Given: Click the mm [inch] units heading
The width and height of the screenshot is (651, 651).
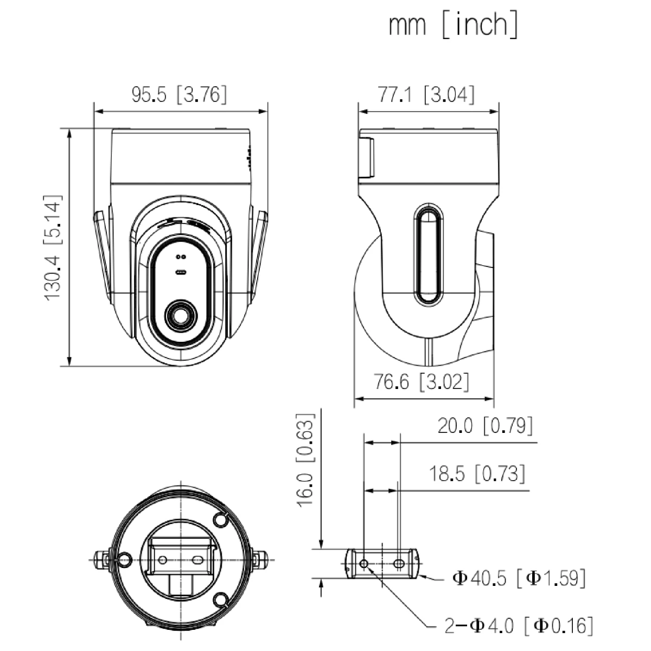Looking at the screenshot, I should point(453,25).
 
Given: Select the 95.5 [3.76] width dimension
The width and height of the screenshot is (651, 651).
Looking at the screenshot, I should point(179,95).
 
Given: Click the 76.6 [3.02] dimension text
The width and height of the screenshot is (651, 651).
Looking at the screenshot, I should point(421,382).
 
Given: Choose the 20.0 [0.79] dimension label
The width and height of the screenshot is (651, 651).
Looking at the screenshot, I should point(485,426).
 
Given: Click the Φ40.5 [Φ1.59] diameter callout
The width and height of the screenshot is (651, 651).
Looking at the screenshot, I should point(519,578).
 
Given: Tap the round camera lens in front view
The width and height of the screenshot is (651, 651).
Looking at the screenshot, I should point(181,315).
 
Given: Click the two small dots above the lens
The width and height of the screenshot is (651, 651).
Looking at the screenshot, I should point(181,257).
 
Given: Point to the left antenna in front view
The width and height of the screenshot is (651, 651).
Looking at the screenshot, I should point(101,255).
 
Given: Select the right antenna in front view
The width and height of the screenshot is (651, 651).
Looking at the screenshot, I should point(260,255).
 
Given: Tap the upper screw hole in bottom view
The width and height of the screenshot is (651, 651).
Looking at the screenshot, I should point(220,520).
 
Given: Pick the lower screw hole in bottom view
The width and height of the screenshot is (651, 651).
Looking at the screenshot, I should point(220,599).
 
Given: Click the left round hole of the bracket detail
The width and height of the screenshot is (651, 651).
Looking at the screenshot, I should point(364,564).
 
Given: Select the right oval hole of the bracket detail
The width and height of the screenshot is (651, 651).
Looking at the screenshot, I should point(399,564).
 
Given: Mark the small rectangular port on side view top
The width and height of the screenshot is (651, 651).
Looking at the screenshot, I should point(366,157).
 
